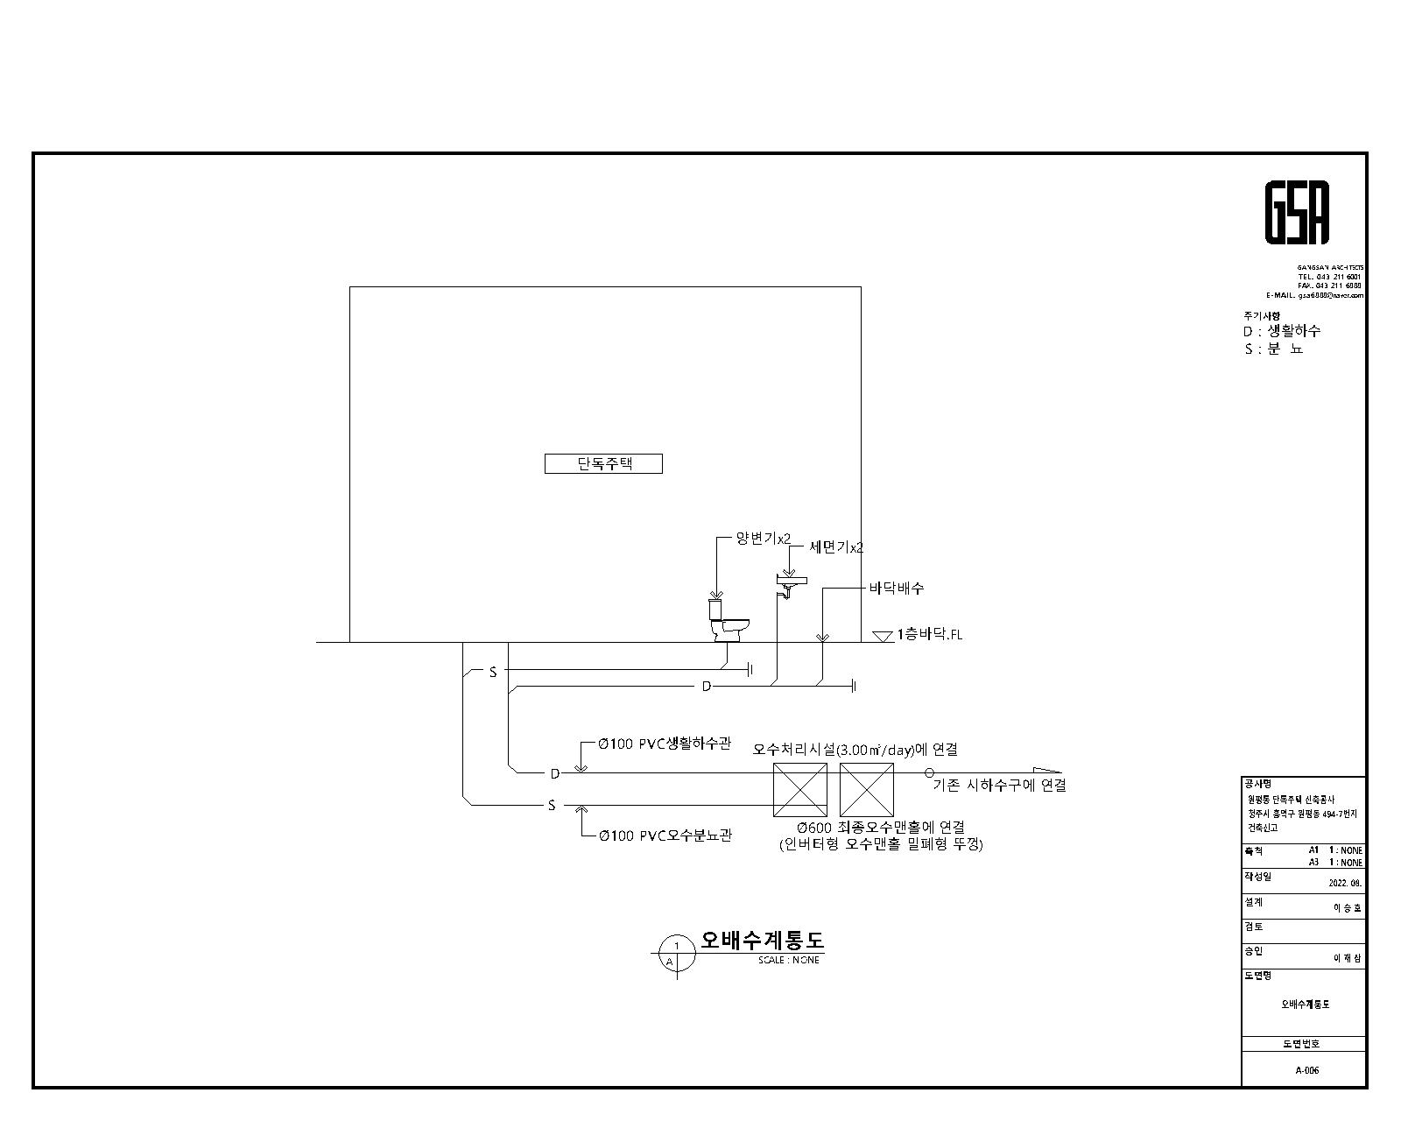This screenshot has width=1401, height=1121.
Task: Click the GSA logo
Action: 1297,213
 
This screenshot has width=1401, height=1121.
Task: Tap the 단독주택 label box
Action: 603,463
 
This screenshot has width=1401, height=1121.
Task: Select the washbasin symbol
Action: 791,584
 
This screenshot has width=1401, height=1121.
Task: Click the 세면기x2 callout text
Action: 835,547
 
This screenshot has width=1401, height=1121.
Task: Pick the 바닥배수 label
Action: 896,588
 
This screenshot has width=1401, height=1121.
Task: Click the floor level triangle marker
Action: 883,637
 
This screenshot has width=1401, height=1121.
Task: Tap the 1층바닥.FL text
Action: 929,635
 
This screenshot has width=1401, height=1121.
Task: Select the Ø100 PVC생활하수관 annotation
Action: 664,744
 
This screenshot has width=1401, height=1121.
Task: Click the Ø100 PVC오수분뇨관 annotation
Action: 665,835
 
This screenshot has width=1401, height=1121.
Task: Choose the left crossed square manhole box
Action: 799,789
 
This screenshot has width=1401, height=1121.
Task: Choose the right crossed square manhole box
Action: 866,789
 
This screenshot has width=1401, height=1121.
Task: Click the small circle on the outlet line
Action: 929,773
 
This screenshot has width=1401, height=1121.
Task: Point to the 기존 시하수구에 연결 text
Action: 999,786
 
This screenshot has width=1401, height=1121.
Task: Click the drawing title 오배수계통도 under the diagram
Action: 762,941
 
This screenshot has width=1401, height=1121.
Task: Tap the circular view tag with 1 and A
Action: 675,953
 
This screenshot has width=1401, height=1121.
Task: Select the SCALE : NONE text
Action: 788,960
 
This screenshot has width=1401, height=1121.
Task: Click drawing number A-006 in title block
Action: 1306,1070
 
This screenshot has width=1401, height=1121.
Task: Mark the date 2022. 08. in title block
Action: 1345,884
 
